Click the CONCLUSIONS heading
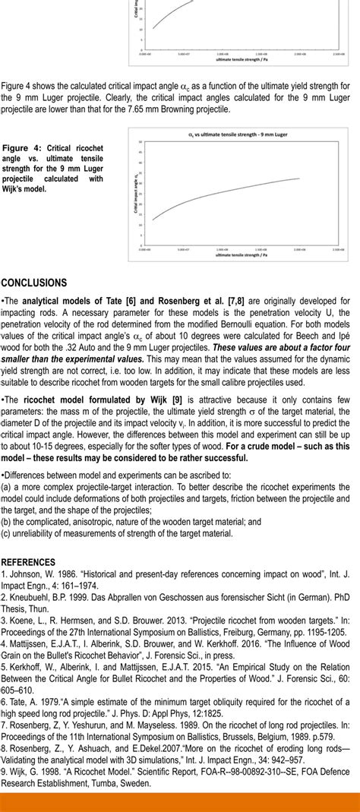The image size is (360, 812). point(34,283)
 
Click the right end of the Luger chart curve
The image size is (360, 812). point(299,179)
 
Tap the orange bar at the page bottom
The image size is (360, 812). point(180,802)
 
